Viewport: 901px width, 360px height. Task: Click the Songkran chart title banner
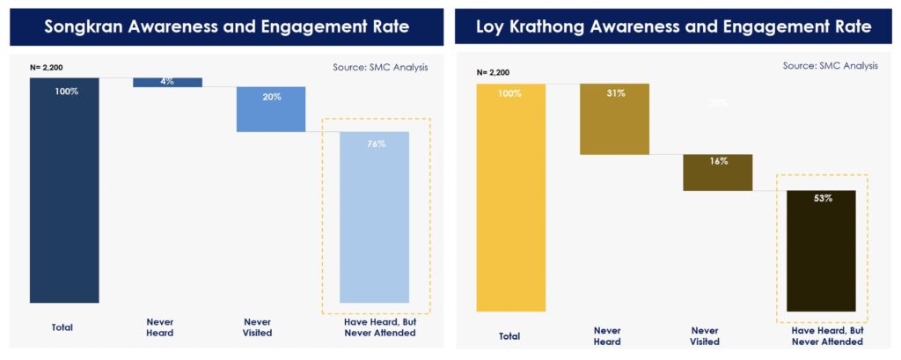pos(226,26)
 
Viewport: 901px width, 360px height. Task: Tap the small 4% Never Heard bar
pos(167,82)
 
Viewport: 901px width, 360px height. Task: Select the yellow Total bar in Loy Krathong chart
pos(510,198)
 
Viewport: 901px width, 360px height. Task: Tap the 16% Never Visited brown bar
pos(718,173)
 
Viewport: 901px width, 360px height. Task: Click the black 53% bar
pos(822,251)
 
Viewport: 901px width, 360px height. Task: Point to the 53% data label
pos(822,198)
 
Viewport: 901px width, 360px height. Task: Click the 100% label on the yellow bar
pos(510,93)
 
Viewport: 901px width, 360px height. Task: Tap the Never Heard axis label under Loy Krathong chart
pos(607,335)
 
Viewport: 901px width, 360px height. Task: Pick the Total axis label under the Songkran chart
pos(62,327)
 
